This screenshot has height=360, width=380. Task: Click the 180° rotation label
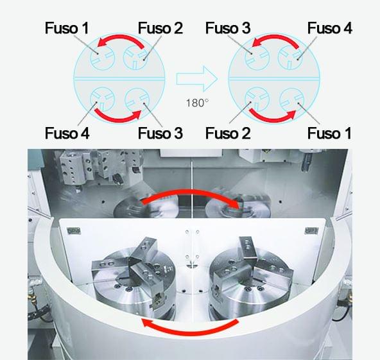(x=197, y=103)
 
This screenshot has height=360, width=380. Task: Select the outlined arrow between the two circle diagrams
(x=197, y=79)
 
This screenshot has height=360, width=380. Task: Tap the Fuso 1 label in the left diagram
(x=67, y=28)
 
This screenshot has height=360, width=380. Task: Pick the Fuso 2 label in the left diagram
(x=160, y=28)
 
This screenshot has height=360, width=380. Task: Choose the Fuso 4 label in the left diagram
(x=67, y=133)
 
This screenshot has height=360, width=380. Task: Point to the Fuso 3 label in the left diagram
(x=160, y=133)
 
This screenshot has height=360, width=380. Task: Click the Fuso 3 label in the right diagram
(x=228, y=28)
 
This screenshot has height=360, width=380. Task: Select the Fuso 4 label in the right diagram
(x=329, y=28)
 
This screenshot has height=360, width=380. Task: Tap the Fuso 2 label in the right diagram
(x=228, y=133)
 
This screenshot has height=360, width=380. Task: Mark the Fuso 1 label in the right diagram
(x=329, y=133)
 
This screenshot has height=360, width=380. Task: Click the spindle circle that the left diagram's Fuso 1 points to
(x=102, y=58)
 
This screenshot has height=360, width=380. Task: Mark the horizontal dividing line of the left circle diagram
(x=119, y=78)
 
